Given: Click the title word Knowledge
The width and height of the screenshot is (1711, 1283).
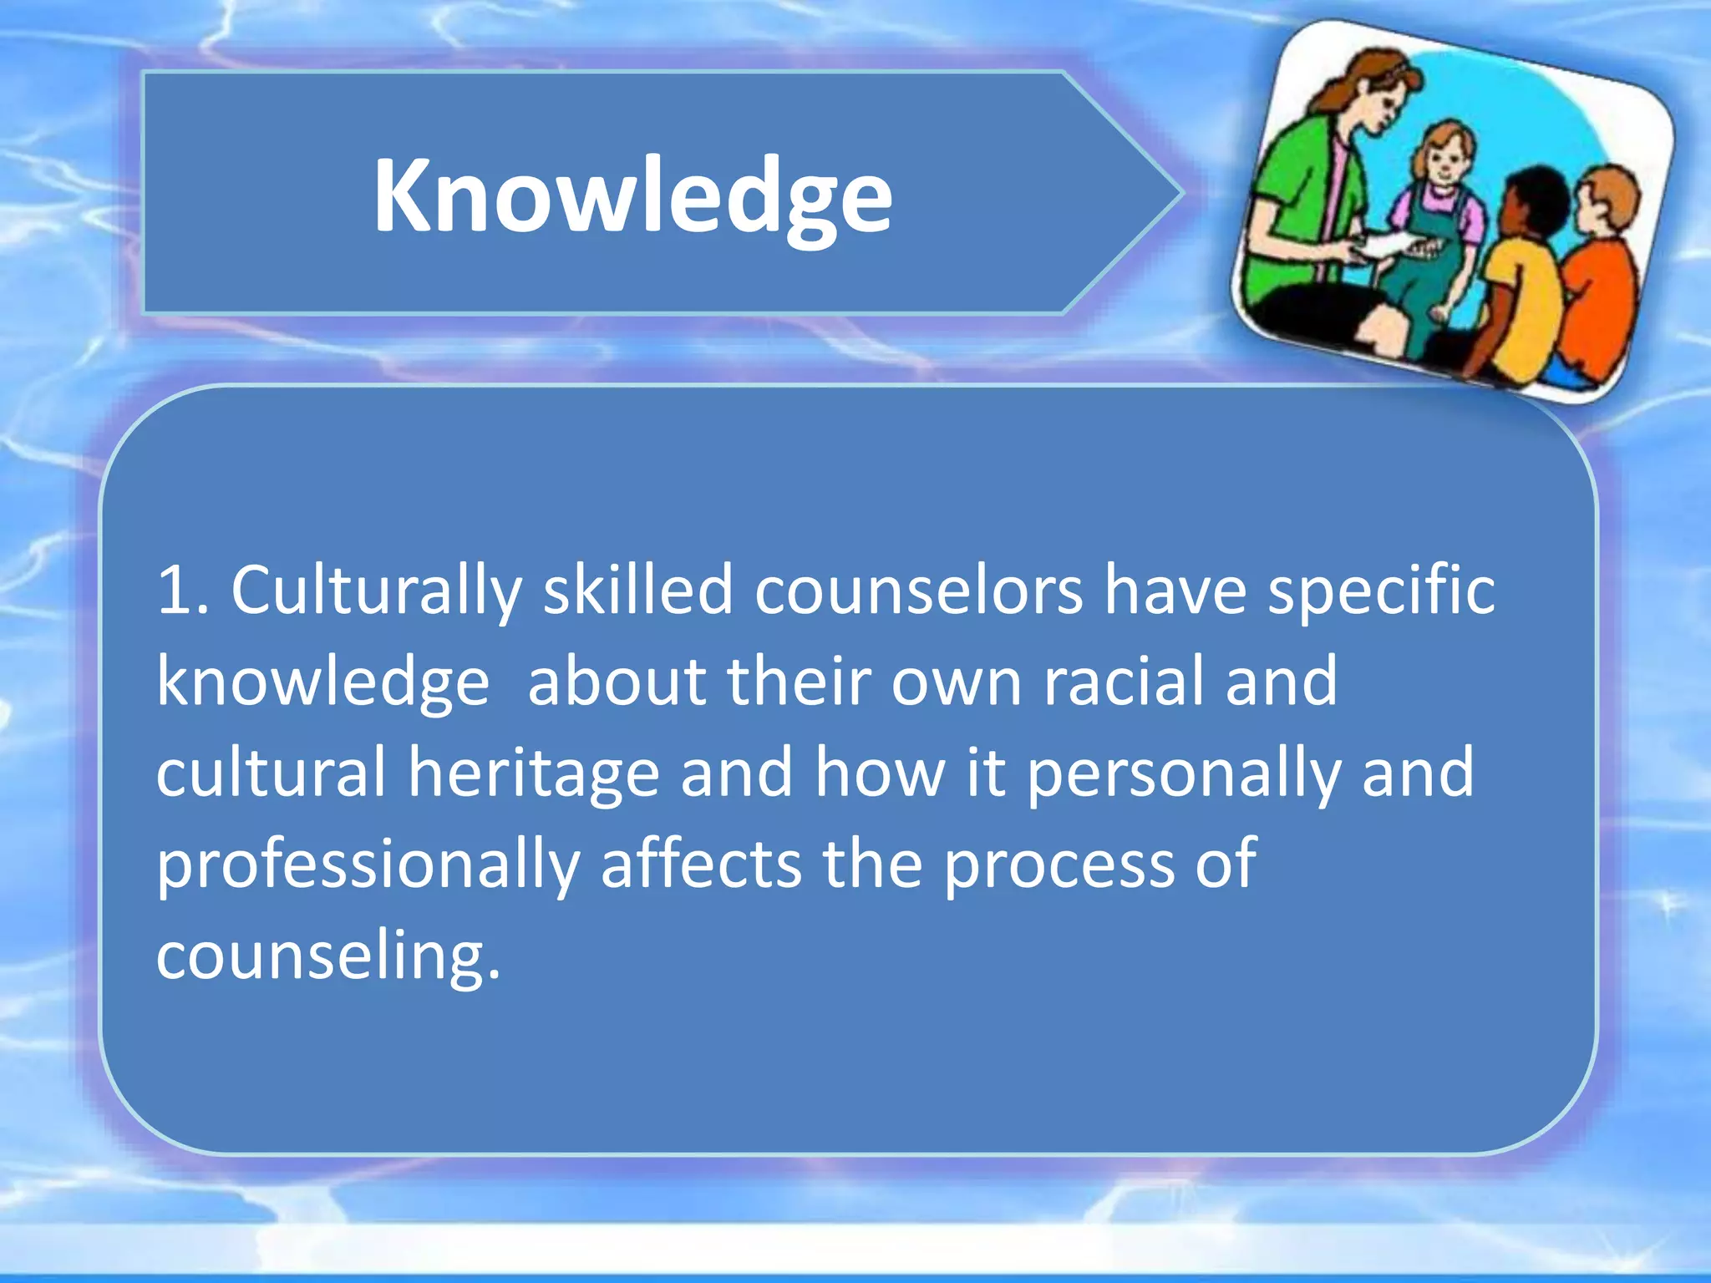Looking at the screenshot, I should point(632,196).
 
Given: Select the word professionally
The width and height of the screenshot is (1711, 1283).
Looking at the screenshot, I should point(368,865).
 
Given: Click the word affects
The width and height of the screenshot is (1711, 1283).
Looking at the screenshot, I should point(701,864).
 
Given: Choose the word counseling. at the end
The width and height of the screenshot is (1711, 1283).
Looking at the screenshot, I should point(328,957).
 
